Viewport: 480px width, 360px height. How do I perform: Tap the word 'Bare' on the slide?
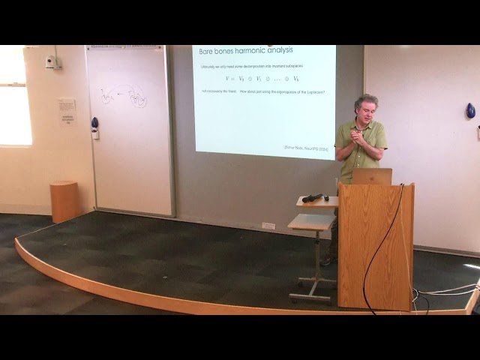tap(202, 52)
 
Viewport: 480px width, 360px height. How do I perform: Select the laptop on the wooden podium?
tap(372, 176)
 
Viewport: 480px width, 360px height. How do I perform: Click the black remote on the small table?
tap(313, 197)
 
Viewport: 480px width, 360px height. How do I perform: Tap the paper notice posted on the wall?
tap(67, 111)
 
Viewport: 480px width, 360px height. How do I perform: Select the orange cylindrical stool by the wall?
tap(64, 201)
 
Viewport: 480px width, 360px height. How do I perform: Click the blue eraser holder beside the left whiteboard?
tap(94, 123)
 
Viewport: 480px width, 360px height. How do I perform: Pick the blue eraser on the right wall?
tap(470, 111)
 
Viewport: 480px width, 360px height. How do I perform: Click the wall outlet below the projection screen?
tap(268, 225)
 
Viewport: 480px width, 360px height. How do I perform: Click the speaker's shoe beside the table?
tap(328, 260)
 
